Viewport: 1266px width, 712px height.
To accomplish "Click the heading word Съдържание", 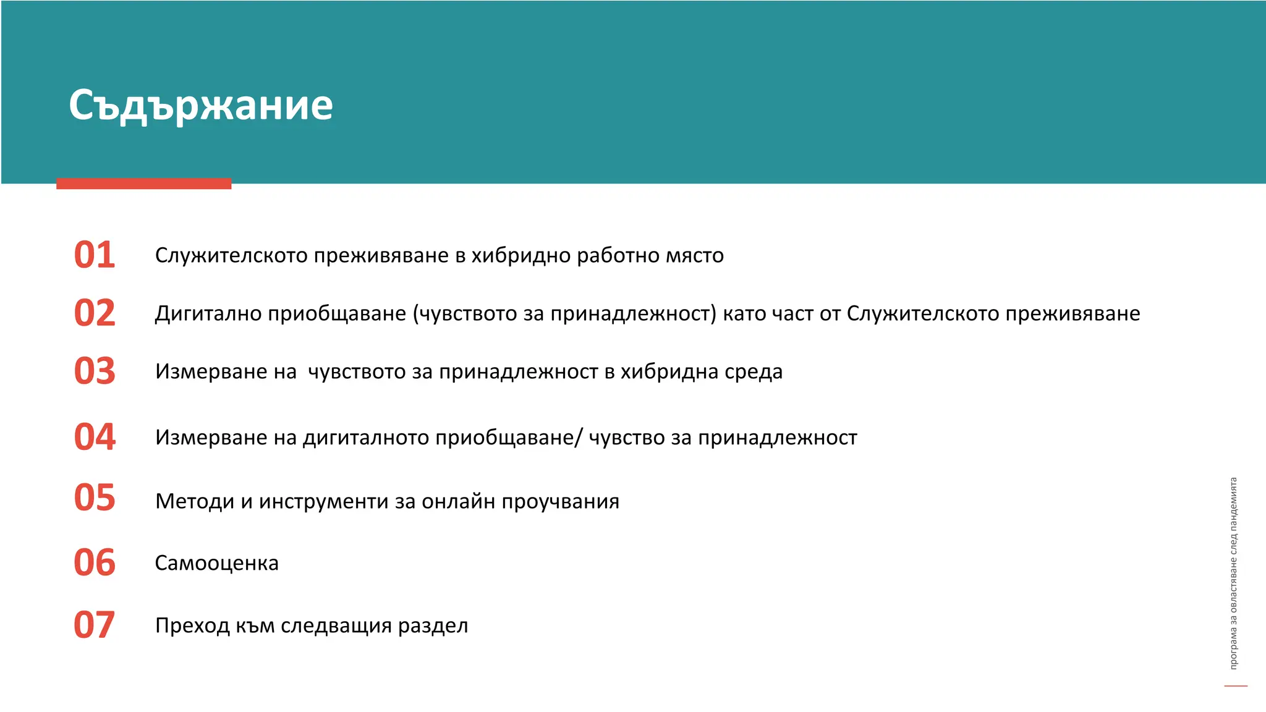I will (201, 105).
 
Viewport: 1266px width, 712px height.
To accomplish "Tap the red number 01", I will (95, 255).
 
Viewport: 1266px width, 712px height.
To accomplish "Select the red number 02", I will (95, 313).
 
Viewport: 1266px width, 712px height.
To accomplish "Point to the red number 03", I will (95, 371).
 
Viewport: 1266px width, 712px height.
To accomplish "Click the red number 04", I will (95, 437).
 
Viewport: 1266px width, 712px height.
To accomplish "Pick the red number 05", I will (95, 498).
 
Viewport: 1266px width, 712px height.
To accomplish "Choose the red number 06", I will (95, 563).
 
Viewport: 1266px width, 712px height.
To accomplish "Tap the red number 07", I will (94, 625).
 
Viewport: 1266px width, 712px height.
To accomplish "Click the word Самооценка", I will (216, 563).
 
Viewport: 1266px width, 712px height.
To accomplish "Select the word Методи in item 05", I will (195, 501).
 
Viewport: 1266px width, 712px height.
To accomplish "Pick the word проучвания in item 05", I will (560, 502).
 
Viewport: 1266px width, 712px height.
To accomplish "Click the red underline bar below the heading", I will (143, 184).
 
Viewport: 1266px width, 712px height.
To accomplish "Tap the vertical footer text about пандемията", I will (1233, 573).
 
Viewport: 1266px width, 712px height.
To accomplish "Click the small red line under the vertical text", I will (1236, 686).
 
